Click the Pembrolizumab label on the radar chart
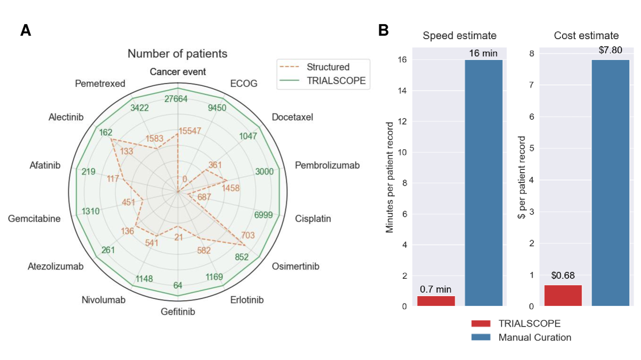coord(327,165)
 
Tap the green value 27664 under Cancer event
coord(176,99)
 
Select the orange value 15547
coord(190,131)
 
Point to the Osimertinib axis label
coord(295,267)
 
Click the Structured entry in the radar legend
coord(327,67)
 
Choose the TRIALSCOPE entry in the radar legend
coord(336,81)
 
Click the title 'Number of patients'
coord(178,54)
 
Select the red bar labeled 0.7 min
coord(436,301)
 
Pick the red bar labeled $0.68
coord(563,295)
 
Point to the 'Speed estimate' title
coord(459,36)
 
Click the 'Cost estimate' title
coord(586,36)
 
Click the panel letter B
coord(383,31)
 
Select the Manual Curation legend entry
coord(534,338)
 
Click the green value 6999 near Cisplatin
coord(267,215)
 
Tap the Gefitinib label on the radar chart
coord(178,312)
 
